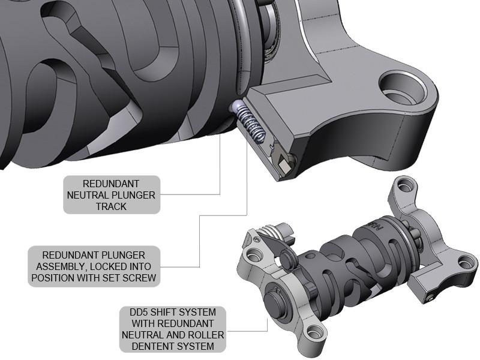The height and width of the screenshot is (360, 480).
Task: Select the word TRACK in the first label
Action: tap(112, 206)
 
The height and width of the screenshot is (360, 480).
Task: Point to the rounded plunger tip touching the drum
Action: tap(235, 106)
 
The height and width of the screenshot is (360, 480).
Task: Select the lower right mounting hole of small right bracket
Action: tap(466, 262)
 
